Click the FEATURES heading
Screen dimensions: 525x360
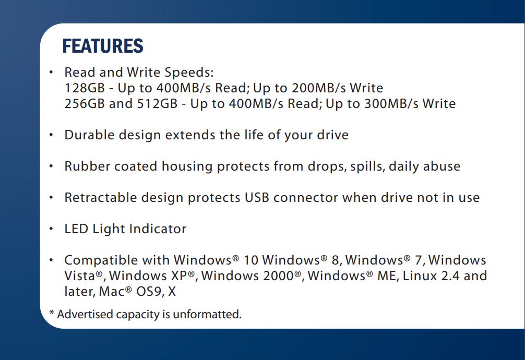103,46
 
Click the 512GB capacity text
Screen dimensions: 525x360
158,104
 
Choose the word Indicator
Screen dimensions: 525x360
158,229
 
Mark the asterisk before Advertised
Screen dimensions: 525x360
52,313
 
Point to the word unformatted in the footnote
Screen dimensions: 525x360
207,315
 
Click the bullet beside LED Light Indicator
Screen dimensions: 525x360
51,230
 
